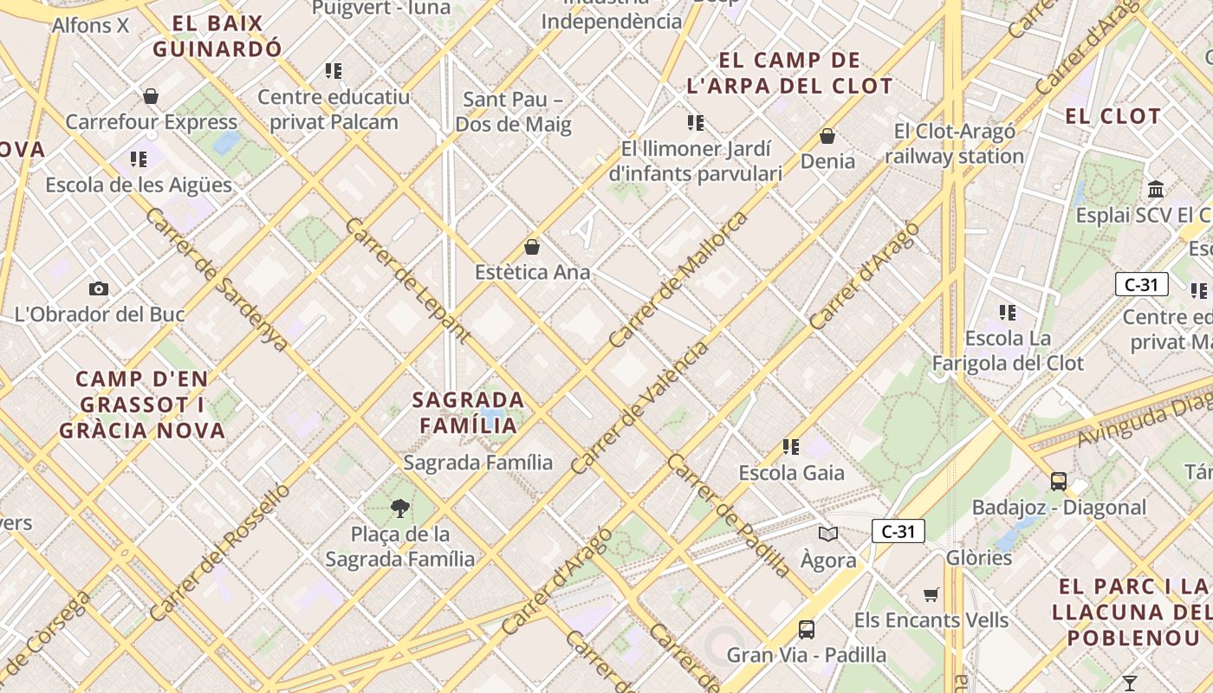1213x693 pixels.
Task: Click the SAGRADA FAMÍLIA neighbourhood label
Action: [468, 412]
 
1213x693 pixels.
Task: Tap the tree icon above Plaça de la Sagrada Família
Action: [399, 508]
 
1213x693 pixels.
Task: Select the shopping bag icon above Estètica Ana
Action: [532, 247]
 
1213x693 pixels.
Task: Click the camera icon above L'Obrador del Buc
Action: [99, 288]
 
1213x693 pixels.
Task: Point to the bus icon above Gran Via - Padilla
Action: [807, 629]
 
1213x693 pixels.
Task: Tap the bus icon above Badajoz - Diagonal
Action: [1058, 481]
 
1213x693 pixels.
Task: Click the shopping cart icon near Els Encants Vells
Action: [931, 594]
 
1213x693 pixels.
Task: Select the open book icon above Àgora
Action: [828, 534]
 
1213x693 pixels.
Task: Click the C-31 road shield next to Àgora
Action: [898, 531]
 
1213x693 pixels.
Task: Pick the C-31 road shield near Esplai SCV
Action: [1141, 284]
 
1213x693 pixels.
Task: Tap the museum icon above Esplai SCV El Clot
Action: [1156, 188]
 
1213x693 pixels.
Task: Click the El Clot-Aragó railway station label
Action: [954, 144]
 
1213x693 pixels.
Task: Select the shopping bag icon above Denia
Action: [827, 136]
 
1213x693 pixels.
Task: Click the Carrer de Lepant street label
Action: [408, 280]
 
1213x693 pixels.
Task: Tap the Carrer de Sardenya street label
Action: [217, 279]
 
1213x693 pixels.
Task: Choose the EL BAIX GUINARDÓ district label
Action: [217, 36]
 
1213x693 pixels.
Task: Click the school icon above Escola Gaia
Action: [790, 447]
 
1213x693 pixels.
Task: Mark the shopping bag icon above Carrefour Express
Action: [151, 95]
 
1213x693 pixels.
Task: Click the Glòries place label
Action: [979, 557]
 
